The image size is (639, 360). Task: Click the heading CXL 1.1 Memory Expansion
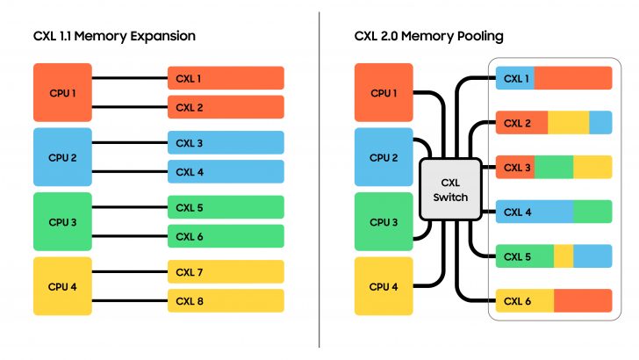[x=114, y=36]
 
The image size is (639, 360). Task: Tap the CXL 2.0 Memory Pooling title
[x=428, y=36]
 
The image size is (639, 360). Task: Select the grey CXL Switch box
[x=450, y=190]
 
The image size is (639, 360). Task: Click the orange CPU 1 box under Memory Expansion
[x=61, y=92]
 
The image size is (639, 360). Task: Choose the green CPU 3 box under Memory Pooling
[x=384, y=222]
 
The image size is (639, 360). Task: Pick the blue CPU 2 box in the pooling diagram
[x=384, y=157]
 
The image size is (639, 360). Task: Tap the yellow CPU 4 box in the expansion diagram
[x=61, y=286]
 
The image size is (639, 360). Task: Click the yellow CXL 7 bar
[x=226, y=272]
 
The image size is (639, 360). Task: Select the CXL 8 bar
[x=226, y=301]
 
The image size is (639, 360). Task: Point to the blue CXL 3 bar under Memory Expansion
[x=226, y=143]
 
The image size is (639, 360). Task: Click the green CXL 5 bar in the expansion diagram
[x=226, y=207]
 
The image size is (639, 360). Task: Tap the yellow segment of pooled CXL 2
[x=568, y=123]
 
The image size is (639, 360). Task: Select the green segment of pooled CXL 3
[x=553, y=167]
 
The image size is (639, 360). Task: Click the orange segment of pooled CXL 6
[x=582, y=301]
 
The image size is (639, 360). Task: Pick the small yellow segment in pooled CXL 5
[x=564, y=256]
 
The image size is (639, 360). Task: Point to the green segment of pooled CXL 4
[x=592, y=212]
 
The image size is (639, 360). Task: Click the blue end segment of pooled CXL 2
[x=600, y=123]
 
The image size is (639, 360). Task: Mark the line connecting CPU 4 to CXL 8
[x=129, y=301]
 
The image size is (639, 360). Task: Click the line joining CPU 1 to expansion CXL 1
[x=129, y=78]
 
